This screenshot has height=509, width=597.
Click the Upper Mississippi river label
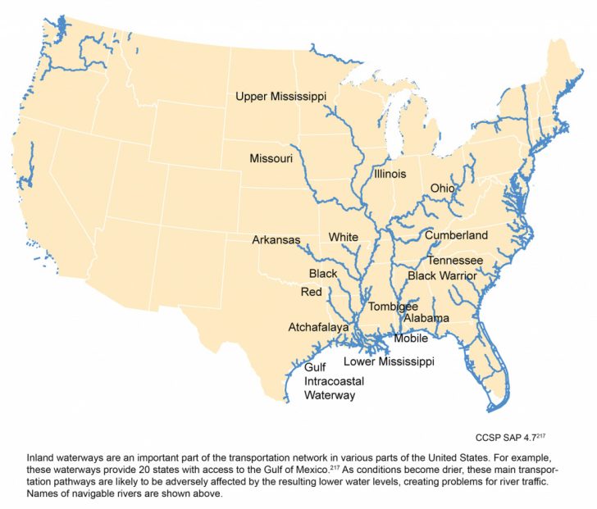point(280,97)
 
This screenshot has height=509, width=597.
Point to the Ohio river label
point(442,189)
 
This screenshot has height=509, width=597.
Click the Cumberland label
point(456,235)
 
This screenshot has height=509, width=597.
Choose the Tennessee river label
point(454,261)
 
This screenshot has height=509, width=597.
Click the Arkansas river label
point(276,240)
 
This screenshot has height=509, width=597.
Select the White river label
point(344,238)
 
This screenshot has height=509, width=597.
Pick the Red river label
point(312,292)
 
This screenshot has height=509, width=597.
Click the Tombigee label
point(393,307)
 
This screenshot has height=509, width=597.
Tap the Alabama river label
point(426,318)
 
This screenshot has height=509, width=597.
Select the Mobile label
point(411,338)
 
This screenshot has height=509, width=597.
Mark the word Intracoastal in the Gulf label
point(334,381)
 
